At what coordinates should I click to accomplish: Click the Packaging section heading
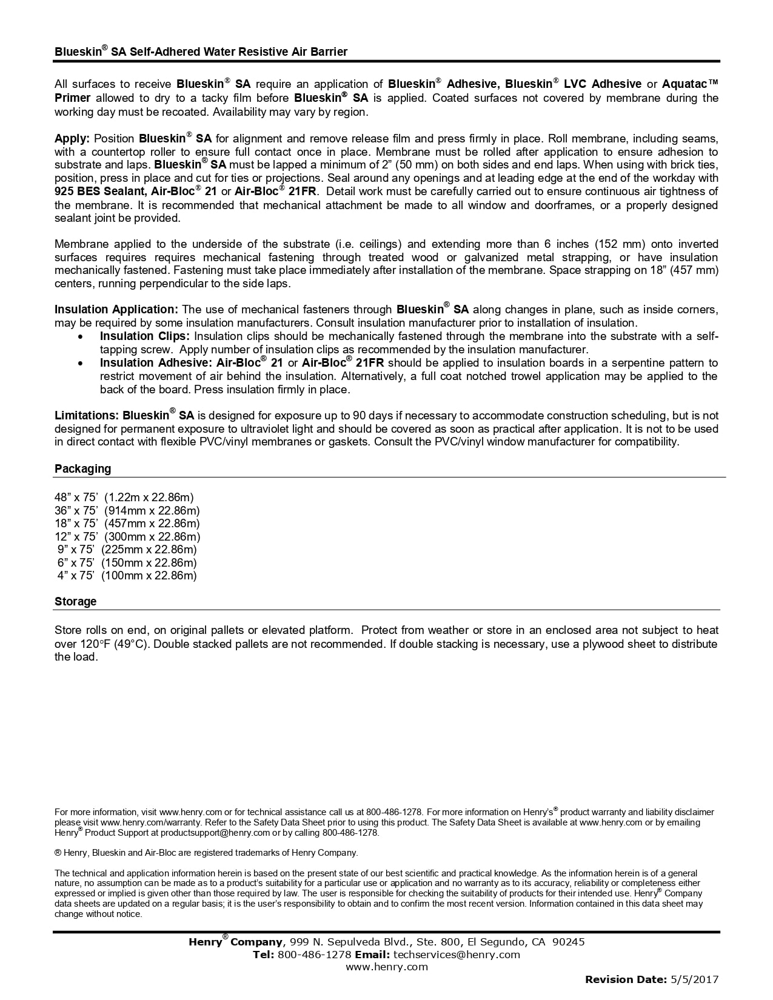tap(82, 469)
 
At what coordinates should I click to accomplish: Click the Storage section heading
tap(75, 602)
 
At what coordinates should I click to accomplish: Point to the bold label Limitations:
tap(86, 416)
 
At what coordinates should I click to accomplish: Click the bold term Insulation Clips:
tap(145, 336)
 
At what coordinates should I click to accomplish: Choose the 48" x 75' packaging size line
tap(124, 498)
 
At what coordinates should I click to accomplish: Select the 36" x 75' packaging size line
tap(127, 511)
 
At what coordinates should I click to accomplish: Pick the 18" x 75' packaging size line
tap(127, 524)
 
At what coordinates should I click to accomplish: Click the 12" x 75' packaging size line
tap(127, 537)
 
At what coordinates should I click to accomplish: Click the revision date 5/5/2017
tap(694, 979)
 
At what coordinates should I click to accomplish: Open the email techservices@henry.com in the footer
tap(457, 955)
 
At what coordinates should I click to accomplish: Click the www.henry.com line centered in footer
tap(387, 967)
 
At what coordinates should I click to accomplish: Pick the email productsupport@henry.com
tap(206, 833)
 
